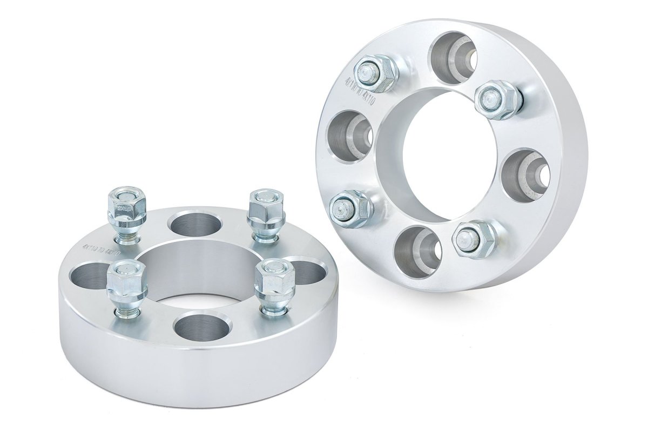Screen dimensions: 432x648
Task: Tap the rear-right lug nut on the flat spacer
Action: (261, 207)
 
